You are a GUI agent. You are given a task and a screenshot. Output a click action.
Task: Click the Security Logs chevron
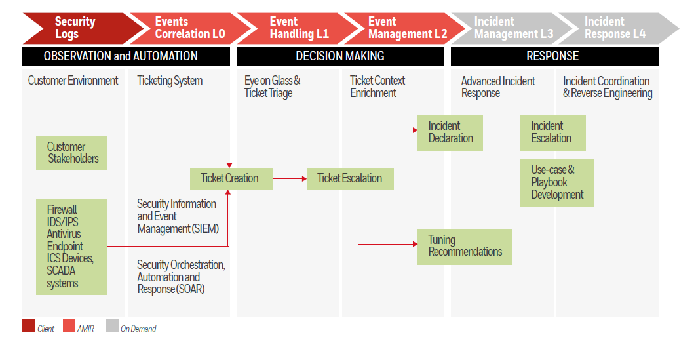point(75,28)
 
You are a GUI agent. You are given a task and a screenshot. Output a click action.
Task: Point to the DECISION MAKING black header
point(340,56)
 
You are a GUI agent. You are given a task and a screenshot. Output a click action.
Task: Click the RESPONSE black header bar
point(554,56)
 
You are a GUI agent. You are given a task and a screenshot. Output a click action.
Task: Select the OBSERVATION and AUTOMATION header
point(126,56)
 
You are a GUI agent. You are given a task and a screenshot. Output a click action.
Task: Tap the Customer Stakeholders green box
point(73,153)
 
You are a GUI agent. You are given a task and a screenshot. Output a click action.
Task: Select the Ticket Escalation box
point(350,178)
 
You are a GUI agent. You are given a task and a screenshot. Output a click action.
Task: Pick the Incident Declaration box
point(450,132)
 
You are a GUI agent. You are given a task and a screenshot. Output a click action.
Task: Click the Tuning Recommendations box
point(465,247)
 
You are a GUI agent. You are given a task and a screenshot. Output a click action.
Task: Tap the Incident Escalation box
point(552,132)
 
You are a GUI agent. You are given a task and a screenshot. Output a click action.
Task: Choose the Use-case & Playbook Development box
point(557,183)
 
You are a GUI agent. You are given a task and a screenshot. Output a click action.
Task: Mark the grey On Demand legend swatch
point(111,327)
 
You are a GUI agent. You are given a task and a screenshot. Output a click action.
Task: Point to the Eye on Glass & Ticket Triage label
point(273,87)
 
